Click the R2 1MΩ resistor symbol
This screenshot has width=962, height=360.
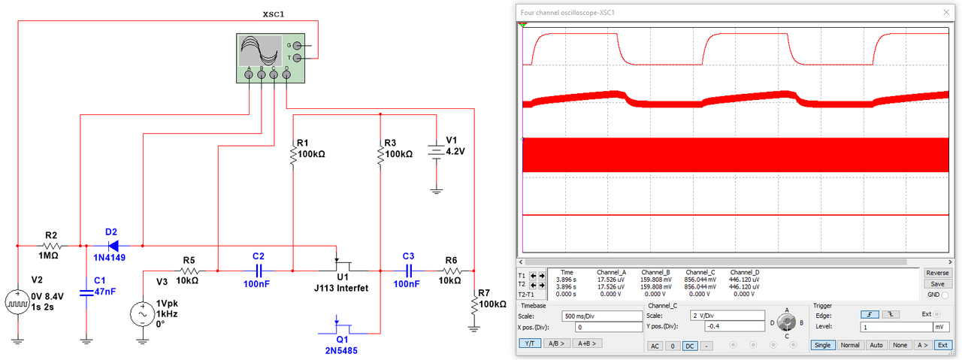pos(51,246)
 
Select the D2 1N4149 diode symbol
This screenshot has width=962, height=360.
pos(112,245)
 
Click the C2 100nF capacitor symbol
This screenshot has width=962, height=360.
pos(259,270)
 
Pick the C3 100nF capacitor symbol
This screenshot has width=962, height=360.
pos(409,270)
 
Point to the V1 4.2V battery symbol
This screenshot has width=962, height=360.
pos(435,150)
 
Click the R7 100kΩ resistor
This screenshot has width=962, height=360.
pos(474,304)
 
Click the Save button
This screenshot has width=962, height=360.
pos(937,284)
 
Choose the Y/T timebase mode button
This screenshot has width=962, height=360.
pos(530,343)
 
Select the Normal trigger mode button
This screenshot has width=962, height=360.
pos(850,345)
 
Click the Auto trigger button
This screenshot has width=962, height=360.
pos(876,345)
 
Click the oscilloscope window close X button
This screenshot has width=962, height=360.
pos(945,12)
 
